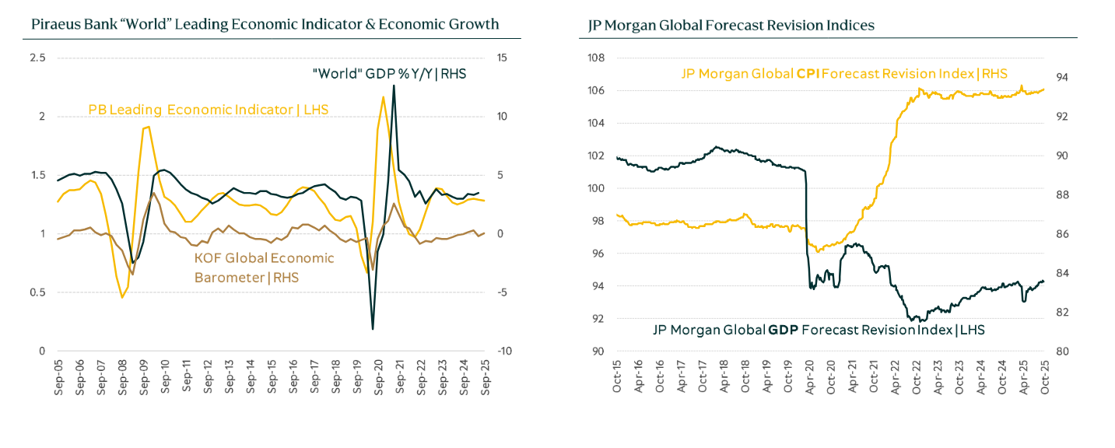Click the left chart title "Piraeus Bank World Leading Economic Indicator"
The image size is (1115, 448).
coord(265,25)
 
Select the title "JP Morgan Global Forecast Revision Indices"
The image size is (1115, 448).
coord(731,26)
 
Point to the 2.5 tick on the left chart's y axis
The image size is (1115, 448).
coord(38,58)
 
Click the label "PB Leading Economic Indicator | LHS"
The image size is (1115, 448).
coord(209,110)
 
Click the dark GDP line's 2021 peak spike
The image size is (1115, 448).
coord(394,86)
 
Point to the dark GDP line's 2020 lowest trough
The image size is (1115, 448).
coord(373,329)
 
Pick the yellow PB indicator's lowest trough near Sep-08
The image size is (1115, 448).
coord(122,297)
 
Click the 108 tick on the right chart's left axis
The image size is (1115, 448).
coord(596,58)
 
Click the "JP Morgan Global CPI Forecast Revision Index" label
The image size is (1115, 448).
coord(844,74)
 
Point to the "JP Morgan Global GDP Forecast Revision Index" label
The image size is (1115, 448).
coord(818,330)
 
